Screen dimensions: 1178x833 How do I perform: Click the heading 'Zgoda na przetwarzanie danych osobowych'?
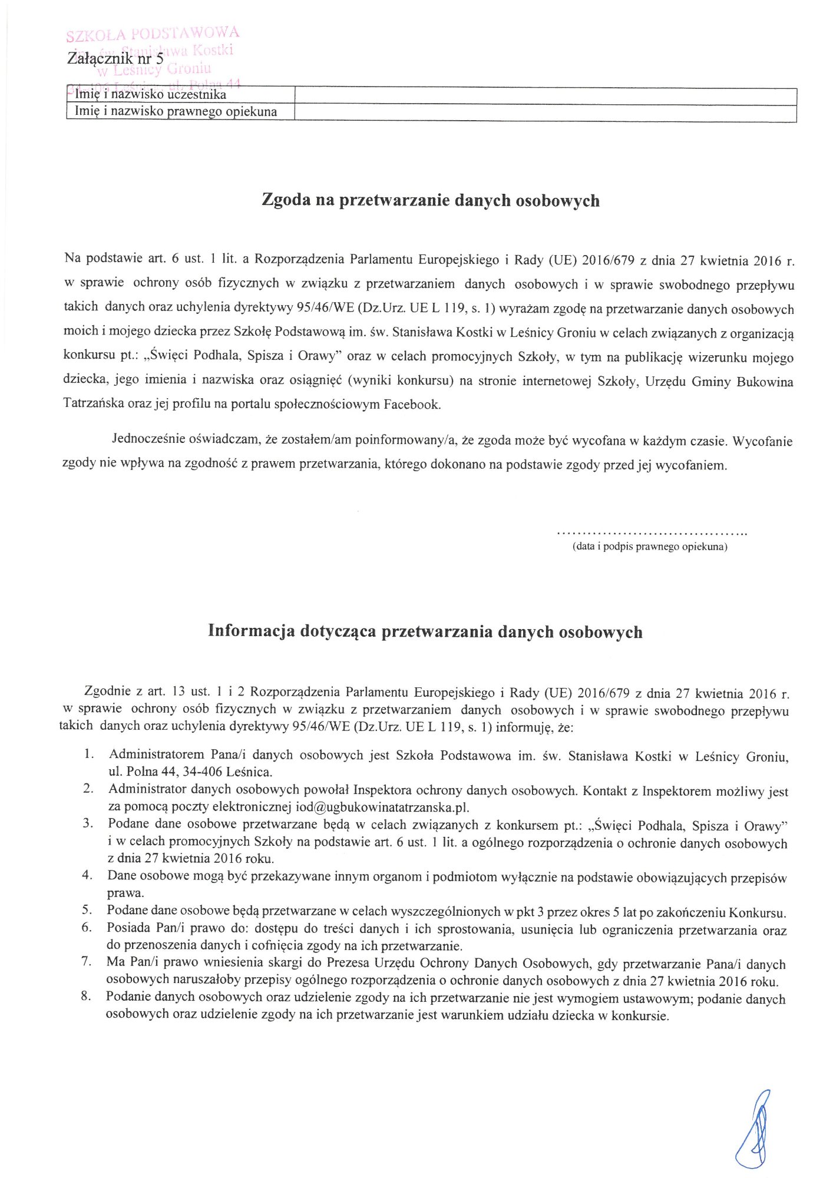[430, 201]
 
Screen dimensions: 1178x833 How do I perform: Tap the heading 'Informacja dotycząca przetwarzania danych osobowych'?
[425, 632]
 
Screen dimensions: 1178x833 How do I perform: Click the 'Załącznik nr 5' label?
[115, 59]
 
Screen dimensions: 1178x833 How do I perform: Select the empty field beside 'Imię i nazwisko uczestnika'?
[545, 96]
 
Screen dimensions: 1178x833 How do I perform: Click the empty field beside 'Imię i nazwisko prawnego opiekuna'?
[545, 112]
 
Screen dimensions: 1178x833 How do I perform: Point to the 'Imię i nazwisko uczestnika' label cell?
[151, 95]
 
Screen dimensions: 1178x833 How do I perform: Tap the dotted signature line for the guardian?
[652, 534]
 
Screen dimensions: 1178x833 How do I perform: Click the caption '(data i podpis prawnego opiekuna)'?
[650, 547]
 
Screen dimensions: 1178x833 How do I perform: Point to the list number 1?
[88, 754]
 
